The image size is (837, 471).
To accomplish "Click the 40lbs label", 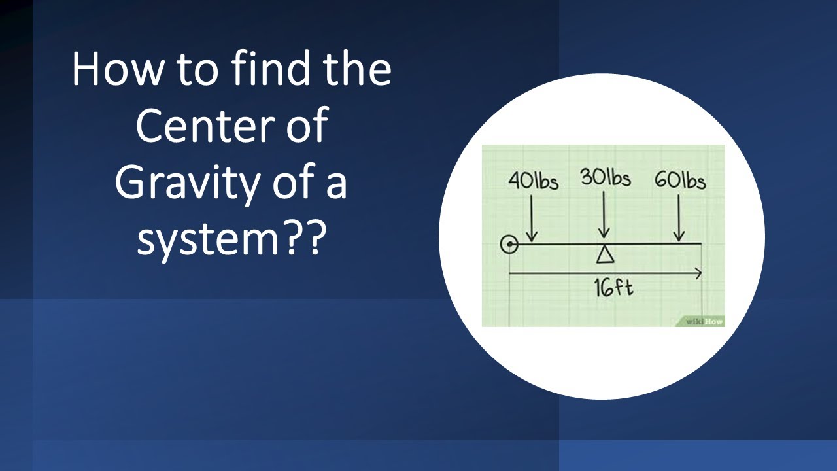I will pos(533,181).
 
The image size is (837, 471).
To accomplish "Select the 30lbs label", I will pos(606,179).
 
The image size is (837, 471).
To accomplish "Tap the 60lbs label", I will pos(680,181).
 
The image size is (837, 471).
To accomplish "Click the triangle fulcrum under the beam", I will pos(604,254).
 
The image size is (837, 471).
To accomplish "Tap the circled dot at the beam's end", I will pos(509,245).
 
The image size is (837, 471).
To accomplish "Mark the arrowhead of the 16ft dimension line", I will pos(698,273).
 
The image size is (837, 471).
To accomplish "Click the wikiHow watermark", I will pos(704,321).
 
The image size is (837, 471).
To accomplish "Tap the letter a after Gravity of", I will pos(337,184).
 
